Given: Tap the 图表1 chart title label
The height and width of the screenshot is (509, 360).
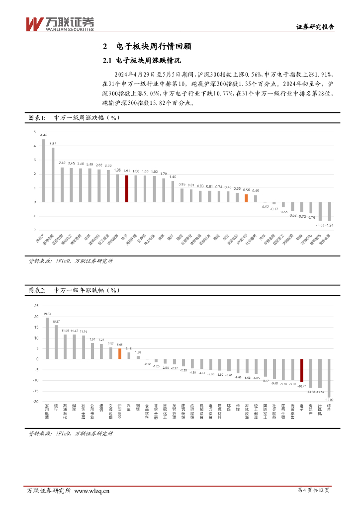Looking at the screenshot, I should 74,118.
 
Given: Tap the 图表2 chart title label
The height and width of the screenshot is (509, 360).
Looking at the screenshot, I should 74,290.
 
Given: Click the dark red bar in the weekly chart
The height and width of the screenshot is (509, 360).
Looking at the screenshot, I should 126,188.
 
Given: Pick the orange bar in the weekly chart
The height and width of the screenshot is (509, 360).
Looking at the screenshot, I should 246,198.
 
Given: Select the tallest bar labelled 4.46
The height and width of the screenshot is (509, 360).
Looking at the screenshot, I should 44,170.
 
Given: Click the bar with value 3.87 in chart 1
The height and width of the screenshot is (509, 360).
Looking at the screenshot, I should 53,174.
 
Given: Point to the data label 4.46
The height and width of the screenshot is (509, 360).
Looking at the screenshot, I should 44,135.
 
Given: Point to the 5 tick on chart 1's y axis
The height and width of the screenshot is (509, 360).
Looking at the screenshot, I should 35,132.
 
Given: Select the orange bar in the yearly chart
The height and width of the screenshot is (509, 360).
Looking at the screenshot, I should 120,353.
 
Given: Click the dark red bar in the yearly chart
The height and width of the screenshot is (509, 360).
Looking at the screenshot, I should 302,370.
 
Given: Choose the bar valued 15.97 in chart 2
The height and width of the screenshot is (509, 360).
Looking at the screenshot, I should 56,342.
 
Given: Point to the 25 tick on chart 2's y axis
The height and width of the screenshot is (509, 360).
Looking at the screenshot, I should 35,306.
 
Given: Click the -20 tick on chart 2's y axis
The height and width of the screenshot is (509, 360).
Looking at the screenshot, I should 35,401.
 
